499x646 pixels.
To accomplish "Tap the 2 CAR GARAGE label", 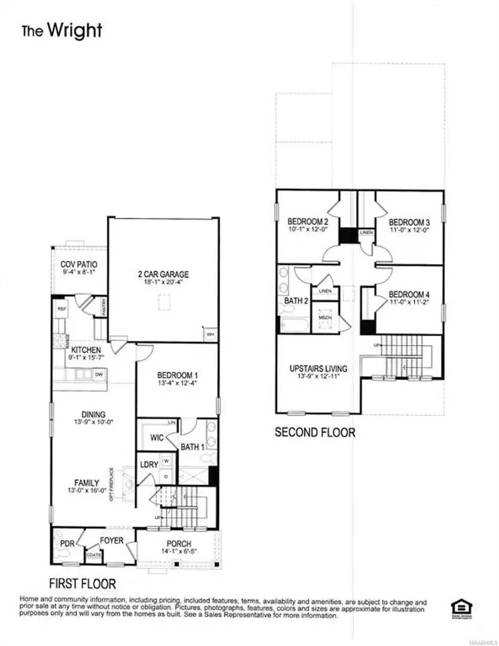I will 162,275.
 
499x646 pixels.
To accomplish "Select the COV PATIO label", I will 79,264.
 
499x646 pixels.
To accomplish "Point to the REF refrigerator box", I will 61,309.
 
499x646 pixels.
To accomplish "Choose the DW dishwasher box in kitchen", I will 99,375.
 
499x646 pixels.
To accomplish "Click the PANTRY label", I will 104,307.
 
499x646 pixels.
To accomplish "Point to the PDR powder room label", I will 68,543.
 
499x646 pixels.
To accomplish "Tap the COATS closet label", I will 94,554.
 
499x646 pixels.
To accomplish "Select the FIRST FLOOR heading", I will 82,583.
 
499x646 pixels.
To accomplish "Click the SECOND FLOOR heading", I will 315,432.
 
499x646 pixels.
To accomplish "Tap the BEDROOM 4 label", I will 409,294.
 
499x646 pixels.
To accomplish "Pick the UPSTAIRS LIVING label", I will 318,368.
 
